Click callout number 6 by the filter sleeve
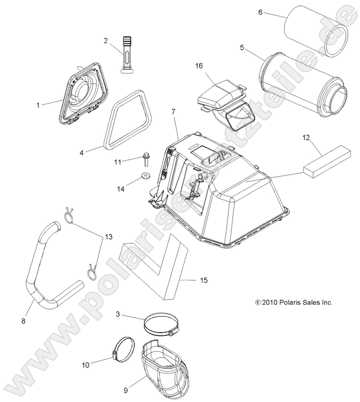[x=260, y=12]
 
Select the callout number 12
[x=321, y=137]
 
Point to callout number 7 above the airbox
[x=174, y=112]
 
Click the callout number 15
[x=204, y=280]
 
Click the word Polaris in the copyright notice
[x=286, y=302]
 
